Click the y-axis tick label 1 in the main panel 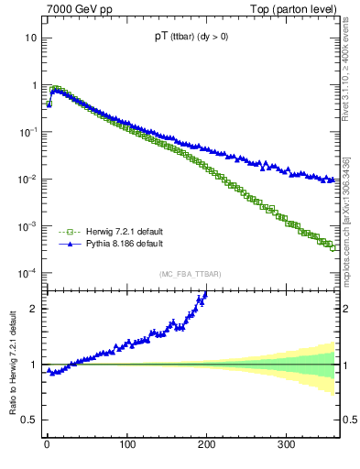[x=34, y=85]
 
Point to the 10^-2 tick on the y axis [x=27, y=179]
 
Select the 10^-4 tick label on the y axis [x=27, y=273]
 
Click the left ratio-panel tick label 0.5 [x=29, y=420]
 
